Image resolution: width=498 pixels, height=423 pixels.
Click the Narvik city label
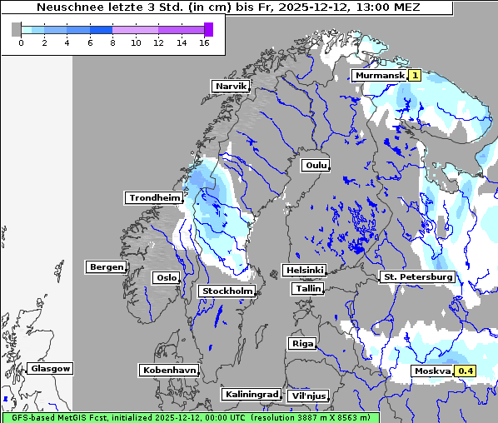pos(231,87)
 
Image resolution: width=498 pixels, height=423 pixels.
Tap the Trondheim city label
pos(154,198)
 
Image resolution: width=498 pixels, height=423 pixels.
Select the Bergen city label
pos(105,267)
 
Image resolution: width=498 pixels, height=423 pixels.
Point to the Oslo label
pos(167,278)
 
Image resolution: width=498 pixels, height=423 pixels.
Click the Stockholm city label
pos(227,291)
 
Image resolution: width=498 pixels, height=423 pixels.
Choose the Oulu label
pos(316,166)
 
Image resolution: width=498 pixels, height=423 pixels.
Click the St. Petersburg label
pos(416,276)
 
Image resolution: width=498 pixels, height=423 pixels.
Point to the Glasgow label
pos(50,369)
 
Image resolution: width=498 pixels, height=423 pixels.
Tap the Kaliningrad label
pos(251,395)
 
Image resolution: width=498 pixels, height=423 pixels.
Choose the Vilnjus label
pos(307,396)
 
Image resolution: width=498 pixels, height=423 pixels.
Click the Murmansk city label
pos(379,76)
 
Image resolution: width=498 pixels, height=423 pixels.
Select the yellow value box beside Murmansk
pos(414,76)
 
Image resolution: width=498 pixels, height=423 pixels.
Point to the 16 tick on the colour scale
pos(204,42)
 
